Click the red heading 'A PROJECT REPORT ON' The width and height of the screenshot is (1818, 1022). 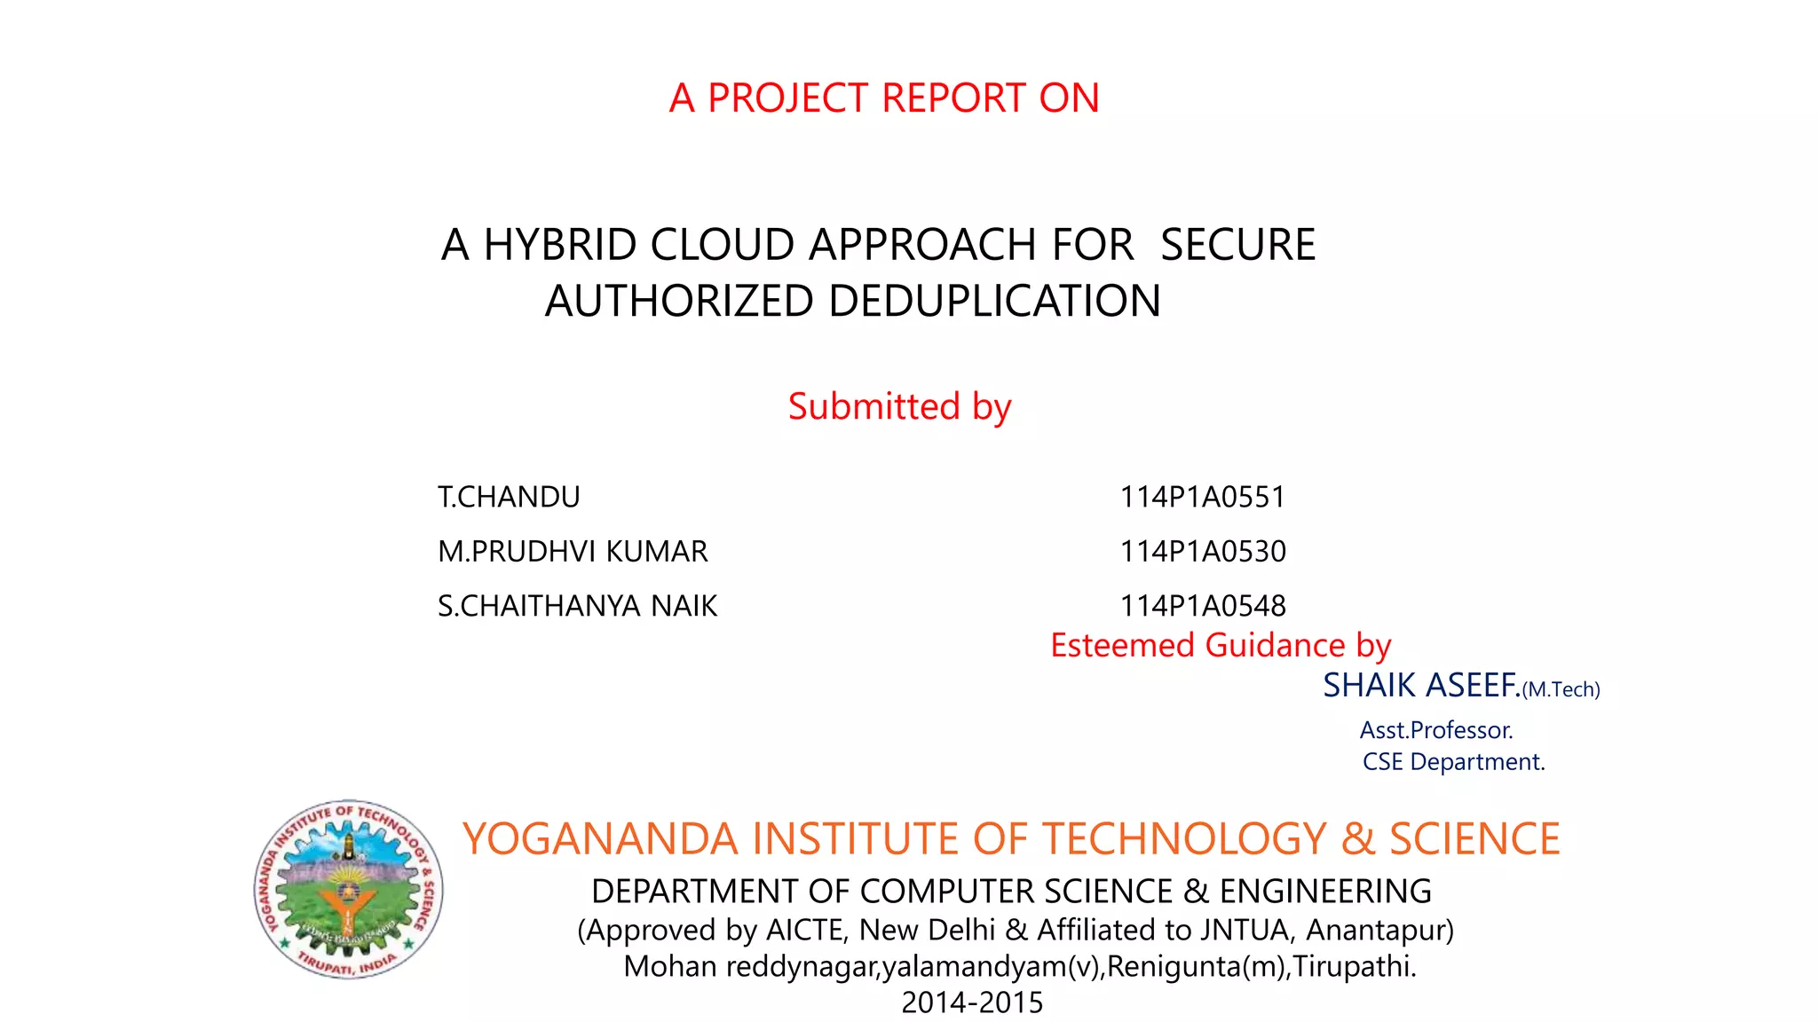coord(884,98)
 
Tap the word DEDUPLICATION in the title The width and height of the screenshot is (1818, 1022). coord(994,301)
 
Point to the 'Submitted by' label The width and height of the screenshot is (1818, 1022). coord(899,406)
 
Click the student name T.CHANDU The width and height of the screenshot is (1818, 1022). coord(509,497)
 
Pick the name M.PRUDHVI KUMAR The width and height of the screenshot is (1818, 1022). coord(573,552)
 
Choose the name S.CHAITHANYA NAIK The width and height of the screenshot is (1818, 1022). coord(577,606)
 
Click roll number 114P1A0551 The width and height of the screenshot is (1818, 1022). coord(1202,497)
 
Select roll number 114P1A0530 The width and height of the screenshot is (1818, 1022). coord(1202,552)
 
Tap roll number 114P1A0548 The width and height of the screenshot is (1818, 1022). coord(1202,606)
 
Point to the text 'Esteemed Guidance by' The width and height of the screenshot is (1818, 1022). coord(1221,645)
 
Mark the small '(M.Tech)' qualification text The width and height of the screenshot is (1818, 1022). coord(1561,689)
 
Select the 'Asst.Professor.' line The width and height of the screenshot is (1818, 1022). coord(1436,730)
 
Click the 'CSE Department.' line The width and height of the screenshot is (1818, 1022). coord(1453,762)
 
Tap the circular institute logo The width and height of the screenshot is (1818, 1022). coord(348,889)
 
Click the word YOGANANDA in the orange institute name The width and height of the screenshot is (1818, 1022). coord(600,839)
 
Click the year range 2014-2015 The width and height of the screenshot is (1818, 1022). coord(972,1002)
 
